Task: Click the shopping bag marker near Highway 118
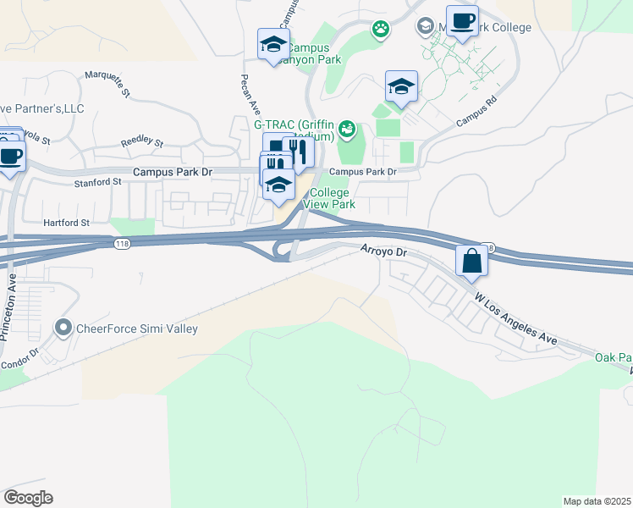point(471,261)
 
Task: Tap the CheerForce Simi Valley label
point(136,329)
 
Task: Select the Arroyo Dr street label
point(384,251)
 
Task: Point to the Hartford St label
point(66,223)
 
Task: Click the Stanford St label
point(98,182)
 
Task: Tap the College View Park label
point(328,198)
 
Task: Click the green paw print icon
point(381,30)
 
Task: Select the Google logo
point(28,498)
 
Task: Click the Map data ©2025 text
point(597,501)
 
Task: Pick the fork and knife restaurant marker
point(298,152)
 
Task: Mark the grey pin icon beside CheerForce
point(63,327)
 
